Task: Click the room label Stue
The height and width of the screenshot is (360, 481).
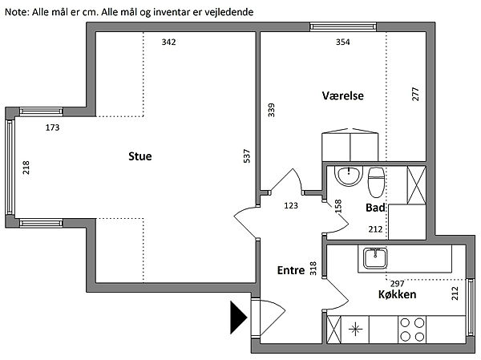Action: tap(139, 157)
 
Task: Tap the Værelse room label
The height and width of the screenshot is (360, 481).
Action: tap(343, 95)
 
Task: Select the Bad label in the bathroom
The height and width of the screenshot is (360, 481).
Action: tap(375, 208)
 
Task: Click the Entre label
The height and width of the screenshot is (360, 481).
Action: tap(291, 271)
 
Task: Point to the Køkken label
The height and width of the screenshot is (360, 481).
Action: tap(402, 295)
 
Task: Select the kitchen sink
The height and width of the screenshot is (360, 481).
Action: tap(375, 258)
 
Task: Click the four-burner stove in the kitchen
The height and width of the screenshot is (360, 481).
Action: tap(412, 329)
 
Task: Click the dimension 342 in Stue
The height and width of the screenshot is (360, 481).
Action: tap(168, 42)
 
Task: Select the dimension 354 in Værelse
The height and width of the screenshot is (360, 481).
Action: tap(320, 42)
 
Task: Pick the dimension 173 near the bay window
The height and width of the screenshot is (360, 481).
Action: tap(53, 127)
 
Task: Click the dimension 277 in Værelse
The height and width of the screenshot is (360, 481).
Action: tap(415, 93)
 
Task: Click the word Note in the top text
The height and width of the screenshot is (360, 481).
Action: tap(15, 13)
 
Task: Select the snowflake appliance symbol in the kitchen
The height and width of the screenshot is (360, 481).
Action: tap(355, 329)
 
